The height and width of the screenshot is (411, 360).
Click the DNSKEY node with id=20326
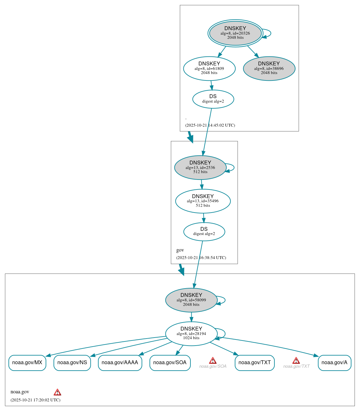pos(235,33)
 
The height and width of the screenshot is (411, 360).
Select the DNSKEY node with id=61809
pos(209,68)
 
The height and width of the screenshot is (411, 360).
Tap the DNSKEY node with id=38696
pos(269,68)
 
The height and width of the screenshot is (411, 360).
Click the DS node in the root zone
pos(213,99)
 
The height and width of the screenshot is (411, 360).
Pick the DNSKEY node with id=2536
pos(200,167)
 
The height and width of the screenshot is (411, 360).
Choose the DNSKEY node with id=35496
pos(203,201)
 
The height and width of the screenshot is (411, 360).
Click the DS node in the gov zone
pos(204,231)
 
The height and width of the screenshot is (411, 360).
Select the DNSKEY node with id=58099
pos(191,300)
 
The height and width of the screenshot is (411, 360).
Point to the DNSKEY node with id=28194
pos(191,333)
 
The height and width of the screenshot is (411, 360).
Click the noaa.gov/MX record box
pos(27,363)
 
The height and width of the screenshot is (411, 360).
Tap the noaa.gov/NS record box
pos(72,363)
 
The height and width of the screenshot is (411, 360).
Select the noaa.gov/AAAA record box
pos(120,363)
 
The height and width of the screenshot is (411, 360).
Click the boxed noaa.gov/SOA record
pos(170,363)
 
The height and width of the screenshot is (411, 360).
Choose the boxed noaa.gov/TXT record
pos(255,363)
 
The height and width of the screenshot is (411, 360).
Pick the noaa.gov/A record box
pos(334,363)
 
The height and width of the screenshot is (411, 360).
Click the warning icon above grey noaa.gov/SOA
pos(213,361)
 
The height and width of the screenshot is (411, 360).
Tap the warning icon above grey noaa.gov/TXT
pos(296,361)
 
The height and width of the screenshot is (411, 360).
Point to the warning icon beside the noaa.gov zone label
pos(57,392)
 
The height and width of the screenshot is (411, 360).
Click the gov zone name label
pos(180,250)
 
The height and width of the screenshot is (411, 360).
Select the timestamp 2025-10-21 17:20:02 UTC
pos(35,400)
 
